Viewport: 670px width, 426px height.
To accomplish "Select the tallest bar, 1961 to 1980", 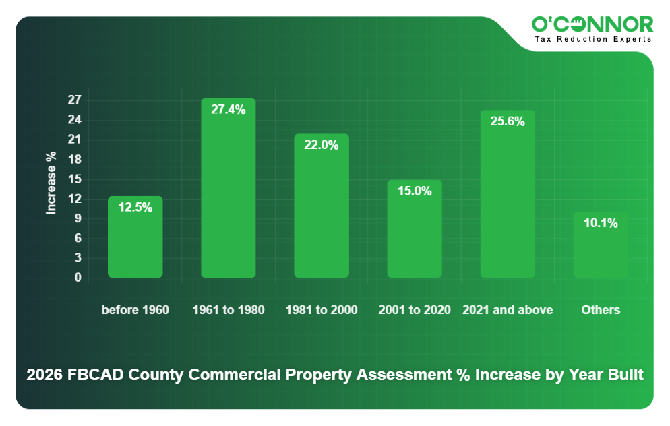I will (x=229, y=189).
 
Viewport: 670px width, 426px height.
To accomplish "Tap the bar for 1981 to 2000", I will (x=322, y=206).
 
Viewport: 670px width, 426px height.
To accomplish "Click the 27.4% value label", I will (x=229, y=110).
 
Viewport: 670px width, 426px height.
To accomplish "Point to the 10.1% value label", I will (x=601, y=223).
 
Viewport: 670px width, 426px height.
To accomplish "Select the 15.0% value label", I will (x=415, y=191).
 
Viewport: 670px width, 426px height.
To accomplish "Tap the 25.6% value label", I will (x=508, y=122).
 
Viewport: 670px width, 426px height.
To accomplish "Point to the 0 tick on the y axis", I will (x=78, y=278).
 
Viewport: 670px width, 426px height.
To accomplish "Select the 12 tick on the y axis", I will (x=74, y=199).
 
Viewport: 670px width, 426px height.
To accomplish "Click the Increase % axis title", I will (x=51, y=183).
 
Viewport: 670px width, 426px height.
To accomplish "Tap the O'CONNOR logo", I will (x=592, y=25).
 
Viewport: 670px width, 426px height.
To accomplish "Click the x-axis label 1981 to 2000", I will (x=322, y=310).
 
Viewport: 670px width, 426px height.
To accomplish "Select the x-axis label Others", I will (x=601, y=310).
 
